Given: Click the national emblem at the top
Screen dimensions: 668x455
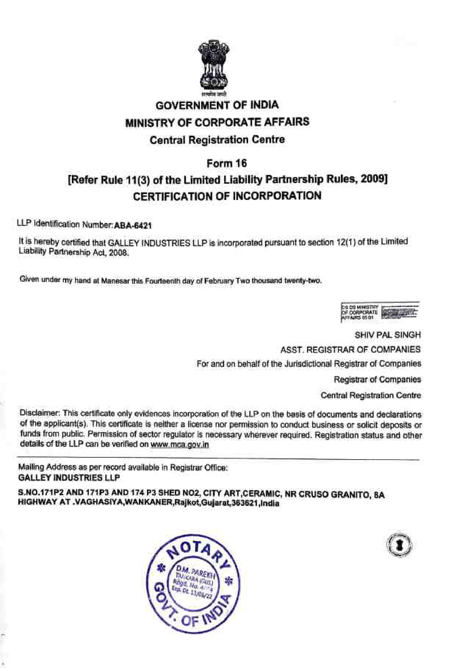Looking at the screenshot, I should (214, 66).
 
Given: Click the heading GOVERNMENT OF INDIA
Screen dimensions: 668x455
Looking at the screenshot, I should (217, 105).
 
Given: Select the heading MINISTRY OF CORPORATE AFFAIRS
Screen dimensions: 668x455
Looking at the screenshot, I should (217, 122).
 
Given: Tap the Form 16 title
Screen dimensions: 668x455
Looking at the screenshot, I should (227, 163).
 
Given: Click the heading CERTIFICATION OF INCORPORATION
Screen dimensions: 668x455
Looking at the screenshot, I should (227, 196).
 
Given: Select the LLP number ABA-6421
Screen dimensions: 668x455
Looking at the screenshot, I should (133, 225).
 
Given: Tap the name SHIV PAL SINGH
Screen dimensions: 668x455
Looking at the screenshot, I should (388, 335).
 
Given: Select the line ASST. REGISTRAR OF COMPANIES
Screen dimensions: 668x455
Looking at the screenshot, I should (350, 350).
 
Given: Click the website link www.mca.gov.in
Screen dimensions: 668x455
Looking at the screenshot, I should (180, 444).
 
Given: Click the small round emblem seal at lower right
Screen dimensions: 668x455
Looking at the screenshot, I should (399, 545).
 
